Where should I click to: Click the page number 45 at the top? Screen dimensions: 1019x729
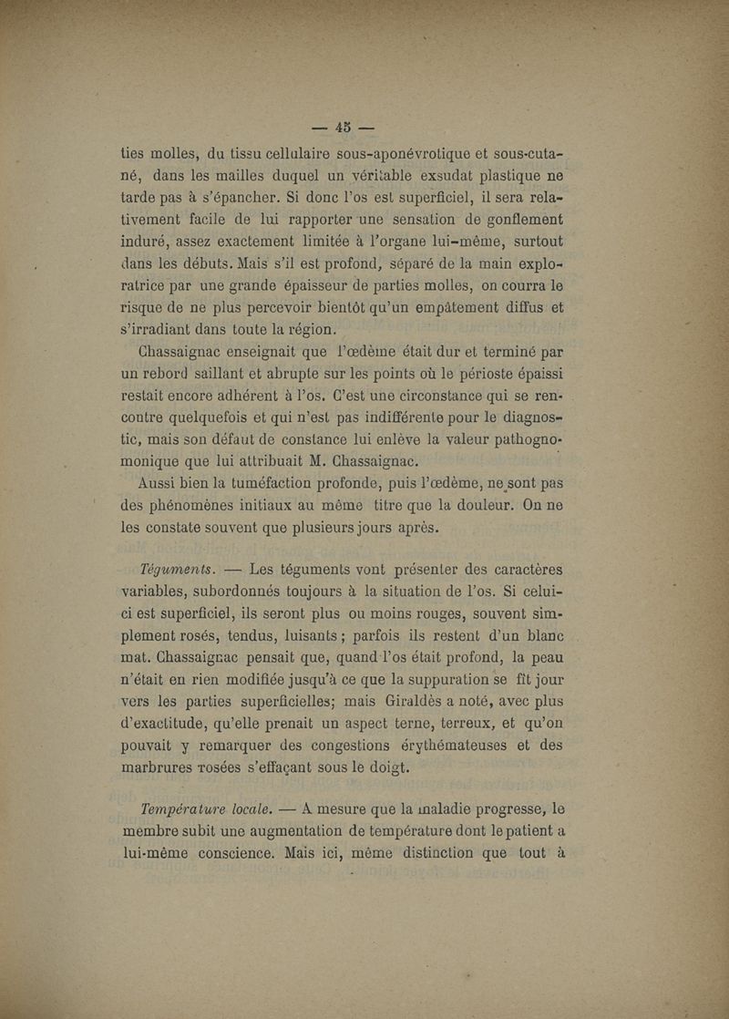[344, 127]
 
